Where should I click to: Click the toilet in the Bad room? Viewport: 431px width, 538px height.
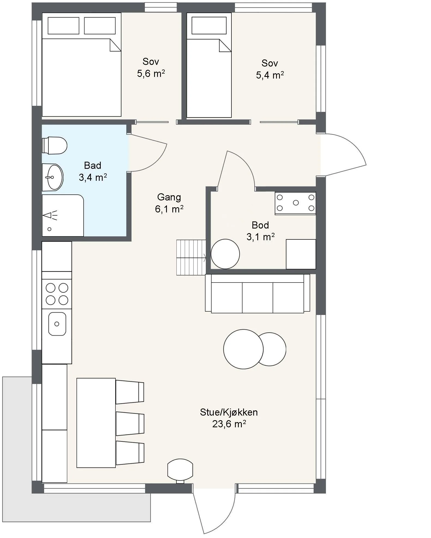click(x=54, y=145)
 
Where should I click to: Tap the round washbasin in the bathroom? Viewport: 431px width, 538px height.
click(x=53, y=178)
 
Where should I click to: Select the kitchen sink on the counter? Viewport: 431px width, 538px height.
click(x=57, y=324)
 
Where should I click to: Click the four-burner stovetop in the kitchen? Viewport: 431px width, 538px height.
click(x=57, y=294)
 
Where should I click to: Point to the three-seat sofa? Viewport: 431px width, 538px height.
click(x=257, y=293)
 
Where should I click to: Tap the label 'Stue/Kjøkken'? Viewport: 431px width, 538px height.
click(x=229, y=412)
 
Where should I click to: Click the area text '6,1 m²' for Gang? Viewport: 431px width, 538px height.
click(x=169, y=209)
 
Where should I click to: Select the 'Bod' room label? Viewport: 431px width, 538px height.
click(x=260, y=225)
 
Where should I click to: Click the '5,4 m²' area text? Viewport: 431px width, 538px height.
click(x=270, y=75)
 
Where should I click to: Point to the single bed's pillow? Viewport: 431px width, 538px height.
click(x=209, y=25)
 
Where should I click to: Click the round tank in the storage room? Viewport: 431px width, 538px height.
click(x=225, y=254)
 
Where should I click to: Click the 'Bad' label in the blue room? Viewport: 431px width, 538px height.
click(x=93, y=165)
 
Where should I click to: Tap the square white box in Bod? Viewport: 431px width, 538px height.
click(x=301, y=254)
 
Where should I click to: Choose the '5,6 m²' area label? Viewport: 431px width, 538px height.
click(x=151, y=74)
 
